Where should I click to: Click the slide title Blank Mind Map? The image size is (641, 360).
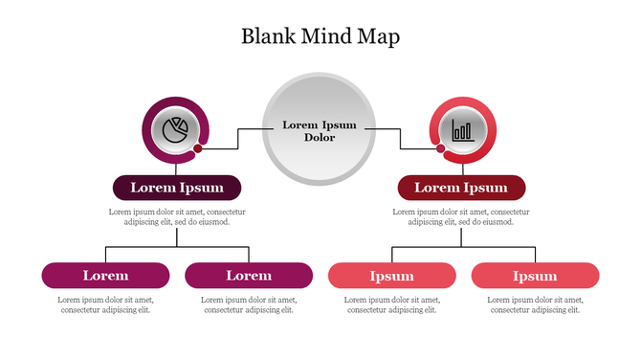pos(320,37)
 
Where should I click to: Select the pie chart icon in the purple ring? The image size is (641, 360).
pos(174,129)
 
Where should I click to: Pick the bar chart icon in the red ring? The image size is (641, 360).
pos(463,129)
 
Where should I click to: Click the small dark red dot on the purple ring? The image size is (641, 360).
pos(198,148)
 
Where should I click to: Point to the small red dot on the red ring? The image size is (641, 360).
pos(440,148)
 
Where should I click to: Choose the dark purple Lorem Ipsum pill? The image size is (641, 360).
pos(177,188)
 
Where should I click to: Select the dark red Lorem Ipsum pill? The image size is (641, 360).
pos(461,188)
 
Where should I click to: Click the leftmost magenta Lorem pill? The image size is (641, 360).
pos(105,276)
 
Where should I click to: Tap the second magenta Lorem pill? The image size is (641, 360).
pos(249,276)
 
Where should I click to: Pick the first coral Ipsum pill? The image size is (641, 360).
pos(392,276)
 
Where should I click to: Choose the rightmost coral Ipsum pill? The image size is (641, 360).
pos(535,276)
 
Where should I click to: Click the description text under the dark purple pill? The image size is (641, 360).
pos(177,216)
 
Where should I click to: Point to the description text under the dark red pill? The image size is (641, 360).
pos(461,216)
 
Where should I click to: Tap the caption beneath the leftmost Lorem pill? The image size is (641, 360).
pos(105,304)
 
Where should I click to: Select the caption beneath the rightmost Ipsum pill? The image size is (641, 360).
pos(535,304)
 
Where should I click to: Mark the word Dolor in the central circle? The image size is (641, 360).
pos(320,138)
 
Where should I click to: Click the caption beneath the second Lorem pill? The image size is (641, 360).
pos(249,304)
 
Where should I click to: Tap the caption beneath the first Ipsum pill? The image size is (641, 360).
pos(392,304)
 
